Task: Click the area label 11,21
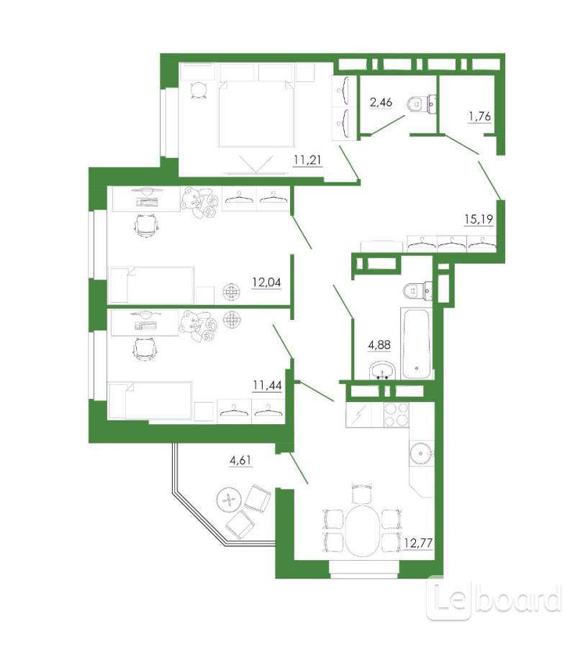point(308,160)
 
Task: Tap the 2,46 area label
point(381,102)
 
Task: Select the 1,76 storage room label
point(479,116)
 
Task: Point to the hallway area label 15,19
point(479,219)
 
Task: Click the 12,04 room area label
point(266,283)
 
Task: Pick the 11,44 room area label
point(267,385)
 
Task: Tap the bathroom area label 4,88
point(379,344)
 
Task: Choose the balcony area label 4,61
point(240,460)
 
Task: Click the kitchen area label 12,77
point(419,543)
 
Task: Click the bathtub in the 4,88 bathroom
point(417,344)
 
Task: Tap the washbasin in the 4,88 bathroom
point(383,370)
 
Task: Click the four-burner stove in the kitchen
point(397,415)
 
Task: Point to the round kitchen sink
point(422,454)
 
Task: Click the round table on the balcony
point(228,500)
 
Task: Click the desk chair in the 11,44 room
point(145,350)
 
